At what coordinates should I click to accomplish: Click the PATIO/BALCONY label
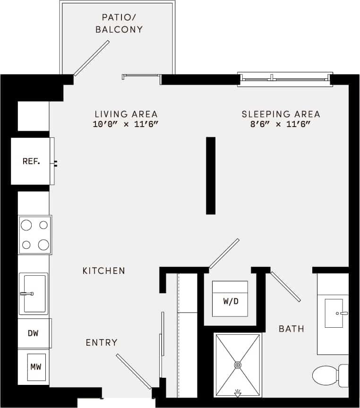pos(119,23)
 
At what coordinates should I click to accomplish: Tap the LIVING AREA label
pos(126,114)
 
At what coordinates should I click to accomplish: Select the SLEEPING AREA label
pos(281,114)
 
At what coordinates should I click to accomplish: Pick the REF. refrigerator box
pos(31,161)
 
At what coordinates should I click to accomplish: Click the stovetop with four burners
pos(35,235)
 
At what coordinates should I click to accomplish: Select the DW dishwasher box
pos(33,333)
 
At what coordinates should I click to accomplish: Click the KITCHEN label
pos(104,271)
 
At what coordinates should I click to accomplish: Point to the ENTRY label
pos(102,342)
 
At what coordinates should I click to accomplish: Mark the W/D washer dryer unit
pos(230,299)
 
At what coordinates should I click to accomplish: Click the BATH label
pos(291,328)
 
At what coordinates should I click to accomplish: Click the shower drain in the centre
pos(238,365)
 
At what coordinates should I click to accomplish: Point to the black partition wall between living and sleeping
pos(211,176)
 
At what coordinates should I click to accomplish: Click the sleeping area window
pos(284,78)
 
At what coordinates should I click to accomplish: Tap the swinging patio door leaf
pos(92,58)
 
